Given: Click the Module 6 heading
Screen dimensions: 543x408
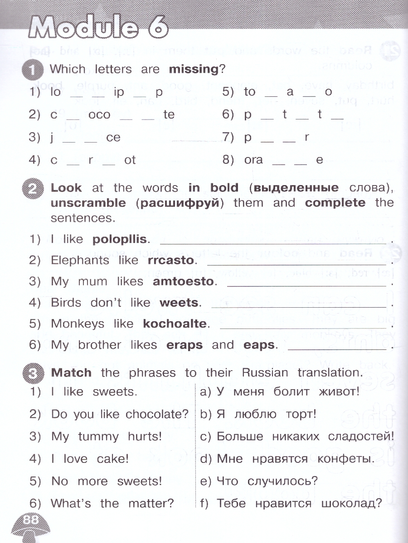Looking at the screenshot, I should point(97,27).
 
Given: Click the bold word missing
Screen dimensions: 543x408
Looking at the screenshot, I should point(194,69).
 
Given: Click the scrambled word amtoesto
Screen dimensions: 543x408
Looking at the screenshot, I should point(184,281).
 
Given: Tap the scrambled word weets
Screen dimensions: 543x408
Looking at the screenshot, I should point(180,303).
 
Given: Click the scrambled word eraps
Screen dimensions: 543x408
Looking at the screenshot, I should point(185,345).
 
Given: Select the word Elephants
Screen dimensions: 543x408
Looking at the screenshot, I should point(80,261).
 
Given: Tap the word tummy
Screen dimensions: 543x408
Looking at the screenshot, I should point(98,437).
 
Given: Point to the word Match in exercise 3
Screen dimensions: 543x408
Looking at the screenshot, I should point(71,373).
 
